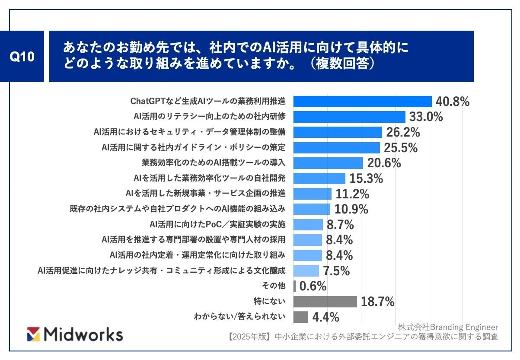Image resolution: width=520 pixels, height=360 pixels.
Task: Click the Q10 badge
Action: click(x=22, y=57)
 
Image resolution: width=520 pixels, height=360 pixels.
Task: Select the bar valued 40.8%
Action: click(x=362, y=101)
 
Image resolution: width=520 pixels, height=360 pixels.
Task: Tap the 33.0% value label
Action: click(x=426, y=117)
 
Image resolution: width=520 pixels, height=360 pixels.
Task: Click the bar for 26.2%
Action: click(x=338, y=132)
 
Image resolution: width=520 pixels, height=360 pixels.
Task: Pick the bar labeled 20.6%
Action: click(x=328, y=163)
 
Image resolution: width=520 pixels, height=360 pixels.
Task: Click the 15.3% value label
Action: click(x=366, y=178)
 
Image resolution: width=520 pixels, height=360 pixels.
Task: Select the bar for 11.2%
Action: click(x=313, y=194)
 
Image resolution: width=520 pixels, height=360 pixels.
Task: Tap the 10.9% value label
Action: click(x=351, y=209)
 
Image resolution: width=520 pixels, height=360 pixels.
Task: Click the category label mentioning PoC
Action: click(x=217, y=224)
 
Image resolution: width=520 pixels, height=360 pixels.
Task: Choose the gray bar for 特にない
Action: click(x=325, y=302)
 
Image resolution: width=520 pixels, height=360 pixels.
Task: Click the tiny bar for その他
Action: click(x=294, y=286)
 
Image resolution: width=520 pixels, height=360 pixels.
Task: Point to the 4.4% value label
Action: click(x=325, y=317)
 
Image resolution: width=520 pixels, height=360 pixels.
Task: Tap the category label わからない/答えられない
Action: click(x=239, y=317)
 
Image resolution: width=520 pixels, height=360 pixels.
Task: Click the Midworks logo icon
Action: click(x=33, y=334)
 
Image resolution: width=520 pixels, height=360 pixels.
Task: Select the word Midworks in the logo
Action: click(x=84, y=335)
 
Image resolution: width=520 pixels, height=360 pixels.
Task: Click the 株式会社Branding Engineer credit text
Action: click(x=448, y=327)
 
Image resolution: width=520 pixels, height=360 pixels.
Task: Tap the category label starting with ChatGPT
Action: click(x=208, y=101)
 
